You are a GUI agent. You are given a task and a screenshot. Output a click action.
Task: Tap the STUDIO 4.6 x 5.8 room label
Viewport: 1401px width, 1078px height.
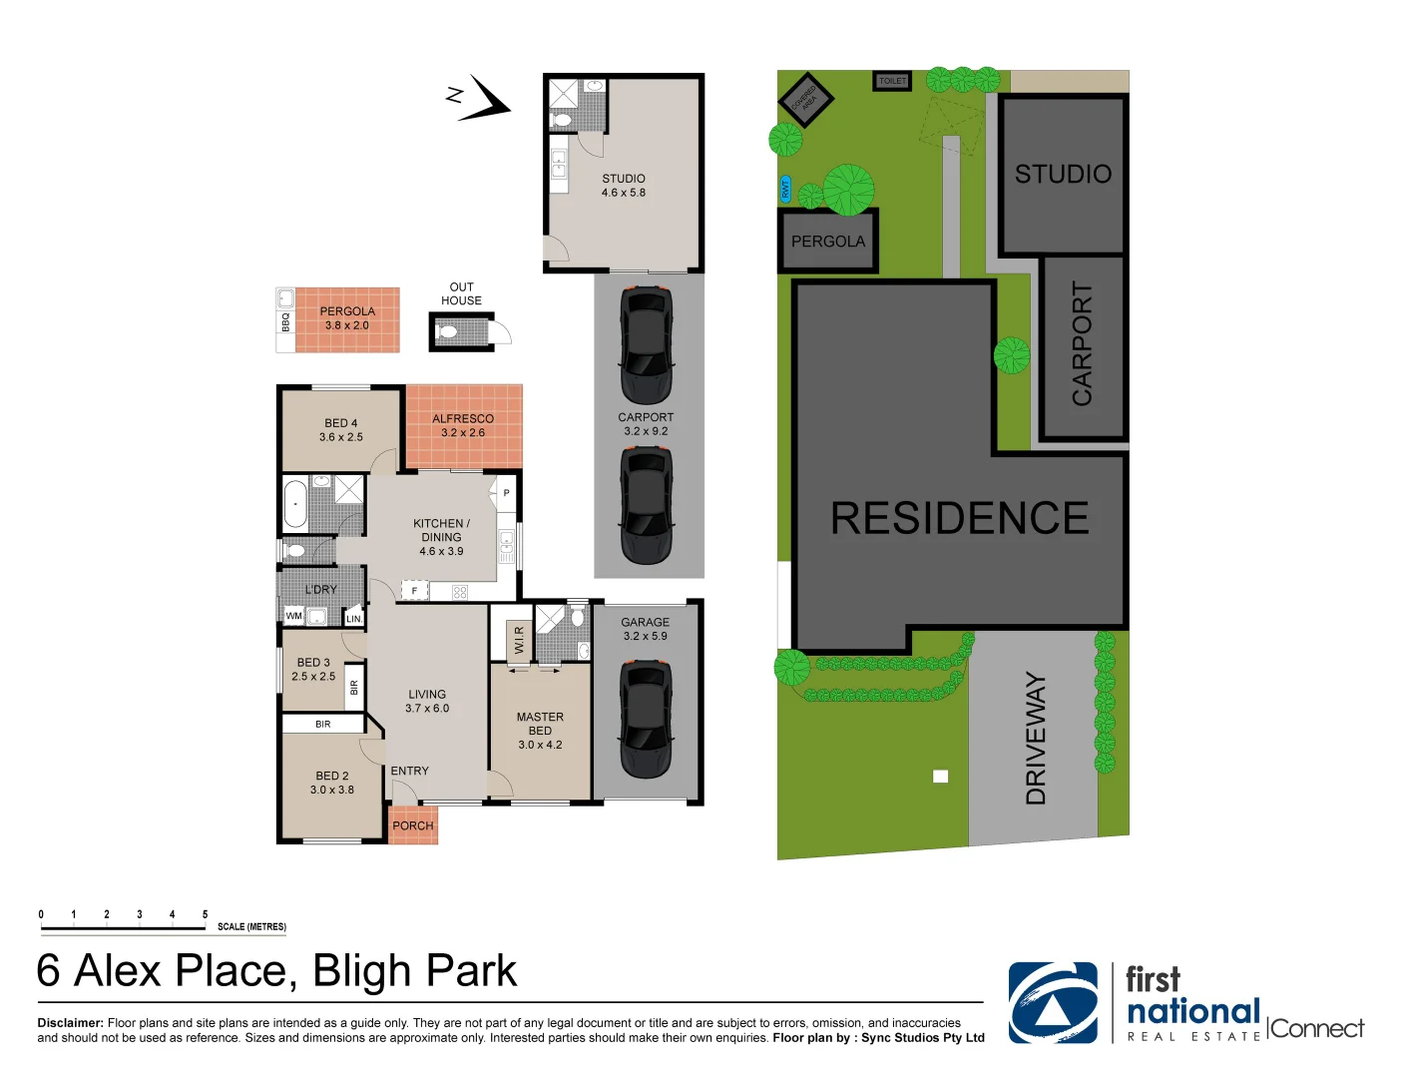coord(624,186)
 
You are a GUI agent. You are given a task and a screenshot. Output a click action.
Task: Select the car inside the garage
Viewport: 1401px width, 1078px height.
coord(646,719)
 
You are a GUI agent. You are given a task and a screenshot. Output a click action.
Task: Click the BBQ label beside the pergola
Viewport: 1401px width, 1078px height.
coord(285,321)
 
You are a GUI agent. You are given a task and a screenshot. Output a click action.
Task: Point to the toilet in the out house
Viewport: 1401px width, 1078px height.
coord(448,331)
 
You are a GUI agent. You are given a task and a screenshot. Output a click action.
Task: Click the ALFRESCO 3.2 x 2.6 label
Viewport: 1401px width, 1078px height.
coord(463,425)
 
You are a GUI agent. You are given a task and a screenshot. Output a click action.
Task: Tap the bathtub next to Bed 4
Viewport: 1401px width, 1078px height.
coord(295,504)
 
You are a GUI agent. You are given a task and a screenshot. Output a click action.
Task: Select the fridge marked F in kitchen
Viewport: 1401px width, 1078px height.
coord(414,591)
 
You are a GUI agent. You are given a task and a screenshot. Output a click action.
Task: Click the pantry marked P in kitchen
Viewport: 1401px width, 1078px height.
coord(506,493)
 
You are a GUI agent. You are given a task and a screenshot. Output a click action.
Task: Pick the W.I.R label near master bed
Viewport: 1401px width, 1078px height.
coord(519,640)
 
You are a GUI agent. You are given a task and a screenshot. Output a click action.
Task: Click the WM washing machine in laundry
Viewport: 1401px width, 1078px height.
coord(294,616)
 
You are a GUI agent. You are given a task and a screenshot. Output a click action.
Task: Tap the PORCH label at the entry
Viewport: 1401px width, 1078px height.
coord(413,825)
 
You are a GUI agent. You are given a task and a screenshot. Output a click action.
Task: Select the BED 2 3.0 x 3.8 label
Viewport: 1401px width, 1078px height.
coord(332,783)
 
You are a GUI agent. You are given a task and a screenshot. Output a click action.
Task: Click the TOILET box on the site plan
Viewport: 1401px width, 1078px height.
coord(892,81)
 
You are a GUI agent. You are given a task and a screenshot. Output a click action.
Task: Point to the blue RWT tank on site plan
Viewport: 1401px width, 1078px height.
coord(785,188)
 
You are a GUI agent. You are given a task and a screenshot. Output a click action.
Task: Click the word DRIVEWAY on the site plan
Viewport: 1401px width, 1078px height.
coord(1036,738)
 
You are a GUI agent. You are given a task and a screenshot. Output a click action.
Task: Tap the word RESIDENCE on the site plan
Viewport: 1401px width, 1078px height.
coord(959,518)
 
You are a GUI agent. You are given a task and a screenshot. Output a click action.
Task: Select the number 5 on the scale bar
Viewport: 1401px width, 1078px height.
coord(205,914)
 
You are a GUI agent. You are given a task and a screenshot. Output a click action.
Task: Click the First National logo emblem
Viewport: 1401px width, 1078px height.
coord(1053,1002)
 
